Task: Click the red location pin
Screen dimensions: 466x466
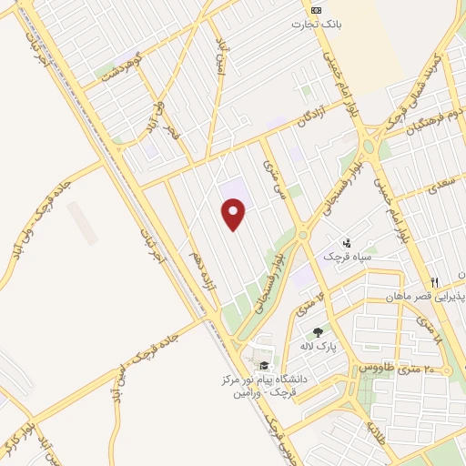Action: coord(234,215)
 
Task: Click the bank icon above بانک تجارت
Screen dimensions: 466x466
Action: coord(316,9)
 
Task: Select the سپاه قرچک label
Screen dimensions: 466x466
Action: coord(346,257)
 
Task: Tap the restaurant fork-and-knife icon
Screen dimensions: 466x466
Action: coord(435,282)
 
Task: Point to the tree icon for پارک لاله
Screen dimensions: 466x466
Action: coord(318,333)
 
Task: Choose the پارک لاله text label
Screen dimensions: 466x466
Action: coord(319,348)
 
